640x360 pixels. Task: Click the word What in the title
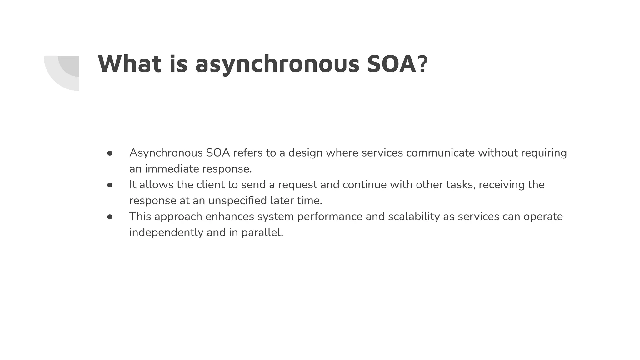pyautogui.click(x=129, y=64)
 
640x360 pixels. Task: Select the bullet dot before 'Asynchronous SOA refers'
pyautogui.click(x=110, y=153)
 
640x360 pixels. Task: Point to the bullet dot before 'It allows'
pyautogui.click(x=110, y=185)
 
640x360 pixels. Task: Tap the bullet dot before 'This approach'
pyautogui.click(x=110, y=217)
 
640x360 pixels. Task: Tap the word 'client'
pyautogui.click(x=210, y=185)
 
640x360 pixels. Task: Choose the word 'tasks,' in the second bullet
pyautogui.click(x=461, y=185)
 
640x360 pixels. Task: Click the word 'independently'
pyautogui.click(x=166, y=233)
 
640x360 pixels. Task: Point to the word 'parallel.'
pyautogui.click(x=262, y=233)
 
